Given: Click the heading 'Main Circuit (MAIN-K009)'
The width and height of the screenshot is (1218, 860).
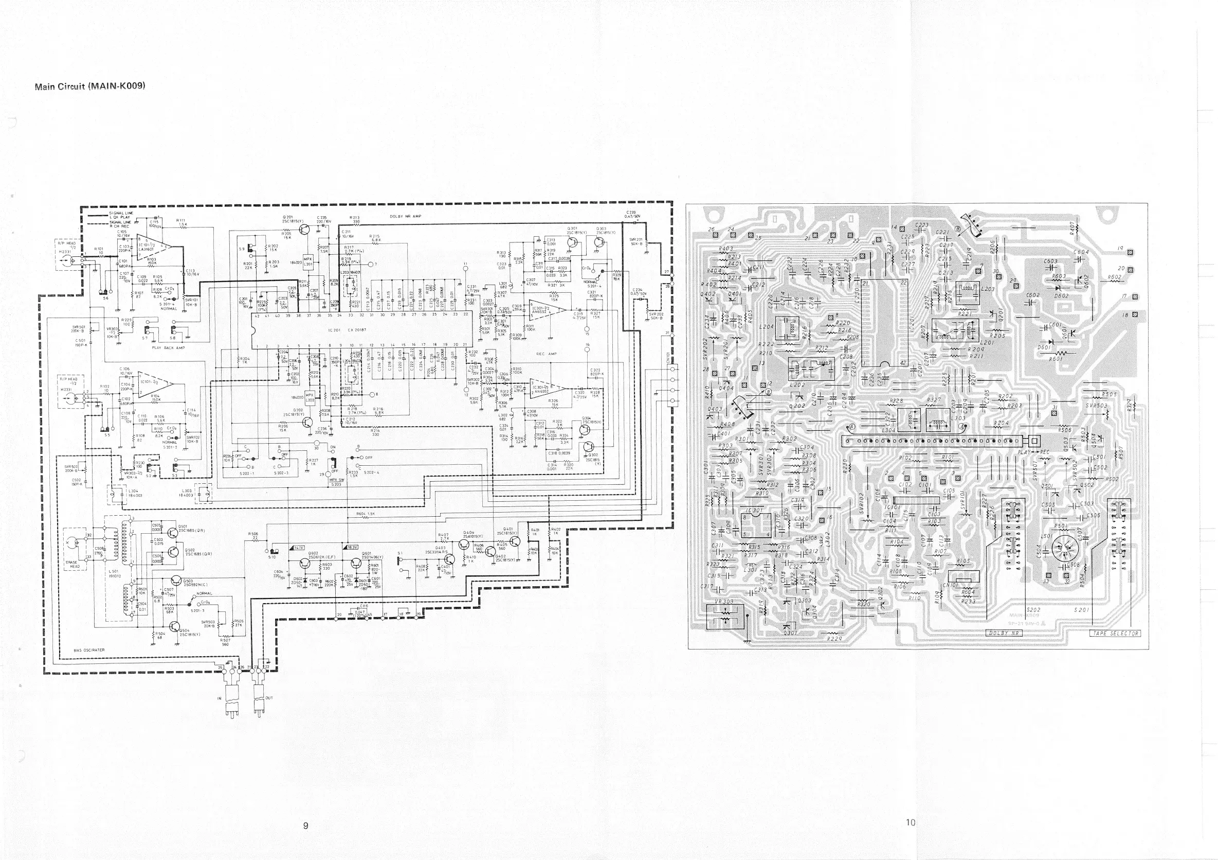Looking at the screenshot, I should pos(89,86).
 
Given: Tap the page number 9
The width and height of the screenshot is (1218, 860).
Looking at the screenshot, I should pos(305,825).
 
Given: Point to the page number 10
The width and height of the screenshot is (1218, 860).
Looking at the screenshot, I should pos(911,823).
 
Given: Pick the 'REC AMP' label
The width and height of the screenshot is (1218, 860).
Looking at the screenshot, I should pos(546,354).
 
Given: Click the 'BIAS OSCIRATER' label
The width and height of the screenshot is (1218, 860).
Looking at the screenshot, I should pos(89,650).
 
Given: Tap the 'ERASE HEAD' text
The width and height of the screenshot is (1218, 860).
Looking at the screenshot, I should pos(75,564).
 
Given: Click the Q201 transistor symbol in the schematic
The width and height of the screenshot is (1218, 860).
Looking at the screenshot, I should pos(305,230).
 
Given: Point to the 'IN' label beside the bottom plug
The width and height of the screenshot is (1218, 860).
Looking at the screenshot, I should pos(219,698).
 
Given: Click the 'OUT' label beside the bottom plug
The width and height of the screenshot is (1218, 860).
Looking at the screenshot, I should pos(268,697).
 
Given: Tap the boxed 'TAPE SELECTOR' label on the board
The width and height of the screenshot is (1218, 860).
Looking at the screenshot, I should pos(1115,634).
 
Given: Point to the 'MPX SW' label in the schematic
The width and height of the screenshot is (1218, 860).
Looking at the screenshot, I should pos(336,479).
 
